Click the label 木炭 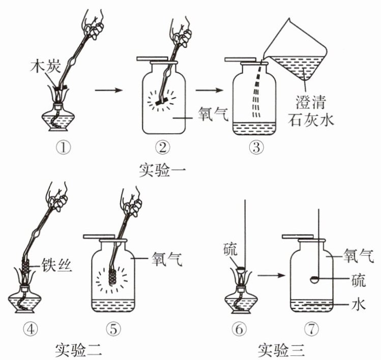[x=45, y=66]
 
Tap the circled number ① [x=64, y=147]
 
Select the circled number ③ [x=256, y=147]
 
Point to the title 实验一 [x=163, y=170]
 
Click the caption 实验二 [x=78, y=350]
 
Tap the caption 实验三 [x=281, y=350]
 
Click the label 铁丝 [x=56, y=264]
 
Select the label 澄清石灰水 [x=311, y=111]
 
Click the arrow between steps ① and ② [x=109, y=91]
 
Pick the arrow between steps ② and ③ [x=209, y=91]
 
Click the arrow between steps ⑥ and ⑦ [x=271, y=276]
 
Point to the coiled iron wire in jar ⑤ [x=112, y=277]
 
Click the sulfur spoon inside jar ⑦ [x=315, y=280]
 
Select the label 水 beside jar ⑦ [x=359, y=304]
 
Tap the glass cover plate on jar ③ [x=240, y=59]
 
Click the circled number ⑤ [x=113, y=329]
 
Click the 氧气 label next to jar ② [x=213, y=114]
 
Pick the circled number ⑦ [x=311, y=329]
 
